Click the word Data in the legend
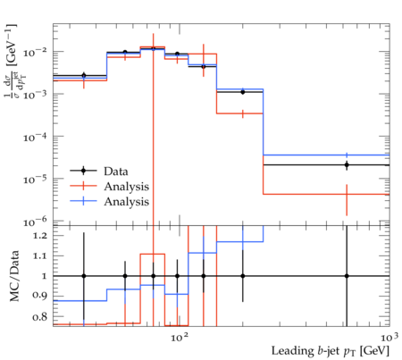[116, 172]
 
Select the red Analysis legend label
[127, 187]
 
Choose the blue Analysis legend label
[127, 202]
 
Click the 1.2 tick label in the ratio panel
[39, 236]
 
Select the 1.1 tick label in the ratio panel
[39, 255]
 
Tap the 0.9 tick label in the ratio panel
[39, 296]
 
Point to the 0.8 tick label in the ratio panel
[39, 316]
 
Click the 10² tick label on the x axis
[180, 338]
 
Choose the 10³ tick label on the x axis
[389, 338]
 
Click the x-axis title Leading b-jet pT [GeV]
[331, 351]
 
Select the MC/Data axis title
[14, 276]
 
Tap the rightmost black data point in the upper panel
[347, 164]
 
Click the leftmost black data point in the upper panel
[84, 75]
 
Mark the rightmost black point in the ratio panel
[347, 276]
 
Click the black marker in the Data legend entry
[84, 171]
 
